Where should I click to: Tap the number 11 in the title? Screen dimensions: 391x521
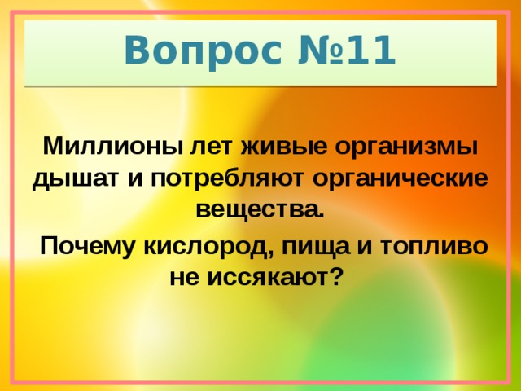(371, 52)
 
